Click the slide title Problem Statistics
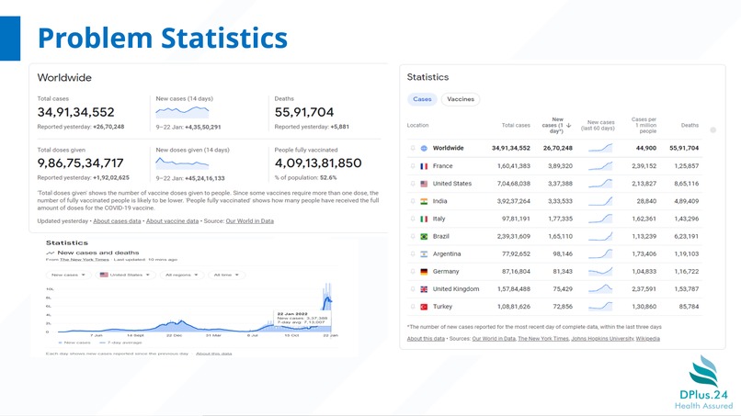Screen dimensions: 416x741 tap(162, 38)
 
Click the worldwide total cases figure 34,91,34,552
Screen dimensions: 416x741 tap(75, 112)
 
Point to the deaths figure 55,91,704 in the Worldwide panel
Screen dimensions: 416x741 tap(303, 112)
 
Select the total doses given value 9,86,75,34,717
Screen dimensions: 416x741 tap(80, 163)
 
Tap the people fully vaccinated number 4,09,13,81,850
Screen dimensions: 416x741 tap(318, 163)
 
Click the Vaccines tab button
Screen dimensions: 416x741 tap(461, 99)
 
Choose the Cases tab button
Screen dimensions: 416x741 tap(422, 99)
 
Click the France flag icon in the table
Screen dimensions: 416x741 tap(423, 166)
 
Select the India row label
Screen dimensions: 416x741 tap(440, 201)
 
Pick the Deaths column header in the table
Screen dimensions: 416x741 tap(690, 125)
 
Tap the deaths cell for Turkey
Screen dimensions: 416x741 tap(686, 306)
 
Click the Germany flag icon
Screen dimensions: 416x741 tap(423, 271)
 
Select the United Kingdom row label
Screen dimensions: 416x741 tap(456, 288)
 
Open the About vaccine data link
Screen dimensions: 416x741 tap(172, 221)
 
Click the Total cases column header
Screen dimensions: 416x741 tap(516, 125)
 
